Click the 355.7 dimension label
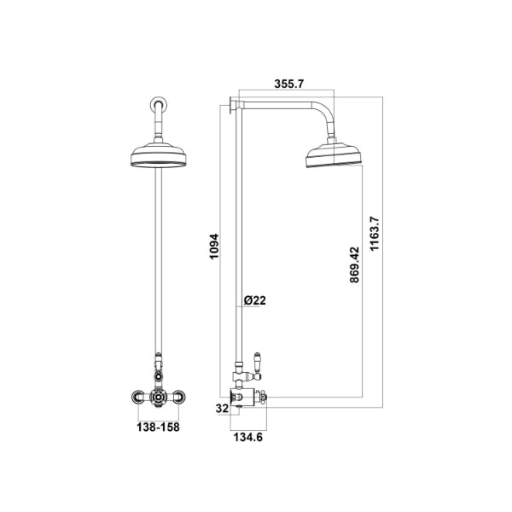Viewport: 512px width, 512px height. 289,84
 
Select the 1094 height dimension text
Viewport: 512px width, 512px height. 213,247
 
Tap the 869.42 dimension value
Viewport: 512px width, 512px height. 354,265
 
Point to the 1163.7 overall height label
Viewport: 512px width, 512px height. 375,233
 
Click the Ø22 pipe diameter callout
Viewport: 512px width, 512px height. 255,300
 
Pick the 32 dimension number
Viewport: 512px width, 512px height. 222,409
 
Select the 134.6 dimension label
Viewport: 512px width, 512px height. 247,437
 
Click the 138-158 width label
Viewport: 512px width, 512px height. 158,427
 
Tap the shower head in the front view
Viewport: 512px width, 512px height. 159,155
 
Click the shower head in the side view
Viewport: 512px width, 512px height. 334,155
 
